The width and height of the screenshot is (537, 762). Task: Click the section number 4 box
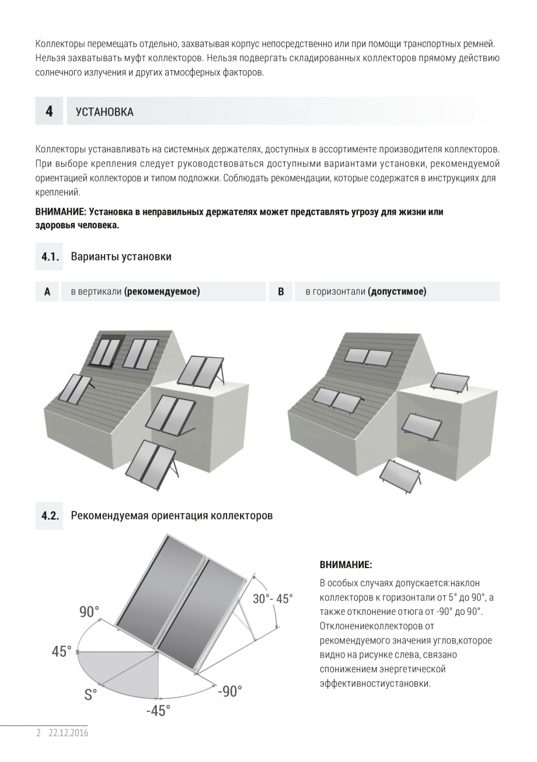(49, 111)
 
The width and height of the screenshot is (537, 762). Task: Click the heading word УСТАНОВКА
(104, 112)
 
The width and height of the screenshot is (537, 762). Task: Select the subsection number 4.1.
(50, 257)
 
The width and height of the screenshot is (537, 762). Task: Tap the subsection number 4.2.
(50, 516)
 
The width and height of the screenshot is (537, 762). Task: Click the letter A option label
(47, 291)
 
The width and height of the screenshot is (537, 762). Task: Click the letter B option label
(281, 291)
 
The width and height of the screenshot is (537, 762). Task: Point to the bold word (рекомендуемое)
(162, 291)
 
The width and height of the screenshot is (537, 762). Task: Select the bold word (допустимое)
(397, 291)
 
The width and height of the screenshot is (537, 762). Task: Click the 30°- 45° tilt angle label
(273, 599)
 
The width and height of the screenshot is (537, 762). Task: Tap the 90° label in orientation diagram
(89, 612)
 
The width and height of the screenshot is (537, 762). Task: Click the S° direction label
(90, 695)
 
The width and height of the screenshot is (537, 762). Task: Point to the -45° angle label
(158, 711)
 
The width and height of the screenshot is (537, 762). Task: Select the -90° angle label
(229, 691)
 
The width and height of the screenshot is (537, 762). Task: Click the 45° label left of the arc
(61, 652)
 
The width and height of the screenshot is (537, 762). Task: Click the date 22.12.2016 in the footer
(68, 733)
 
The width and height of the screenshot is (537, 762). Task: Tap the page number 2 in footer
(39, 733)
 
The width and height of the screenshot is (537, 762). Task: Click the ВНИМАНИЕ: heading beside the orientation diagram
(346, 565)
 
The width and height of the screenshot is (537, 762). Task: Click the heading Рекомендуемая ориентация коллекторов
(172, 516)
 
